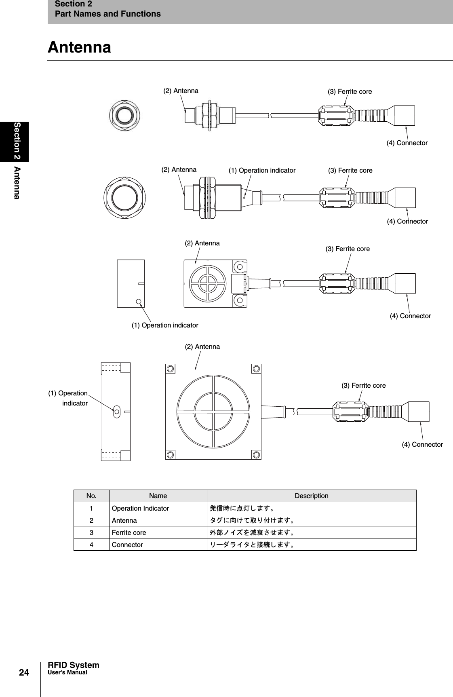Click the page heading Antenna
(79, 47)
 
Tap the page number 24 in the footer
(24, 672)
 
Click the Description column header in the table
(311, 496)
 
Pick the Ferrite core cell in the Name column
(129, 532)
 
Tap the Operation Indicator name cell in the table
(140, 508)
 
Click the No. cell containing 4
(91, 545)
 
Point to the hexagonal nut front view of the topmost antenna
(124, 115)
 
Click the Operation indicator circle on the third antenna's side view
(139, 301)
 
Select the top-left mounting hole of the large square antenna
(171, 369)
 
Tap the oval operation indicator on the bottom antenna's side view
(116, 412)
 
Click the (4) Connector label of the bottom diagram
(422, 444)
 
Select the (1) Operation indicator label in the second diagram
(262, 170)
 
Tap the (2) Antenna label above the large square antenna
(202, 346)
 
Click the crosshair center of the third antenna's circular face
(208, 283)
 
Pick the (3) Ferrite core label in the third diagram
(348, 249)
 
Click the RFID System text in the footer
(73, 665)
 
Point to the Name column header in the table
(158, 496)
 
